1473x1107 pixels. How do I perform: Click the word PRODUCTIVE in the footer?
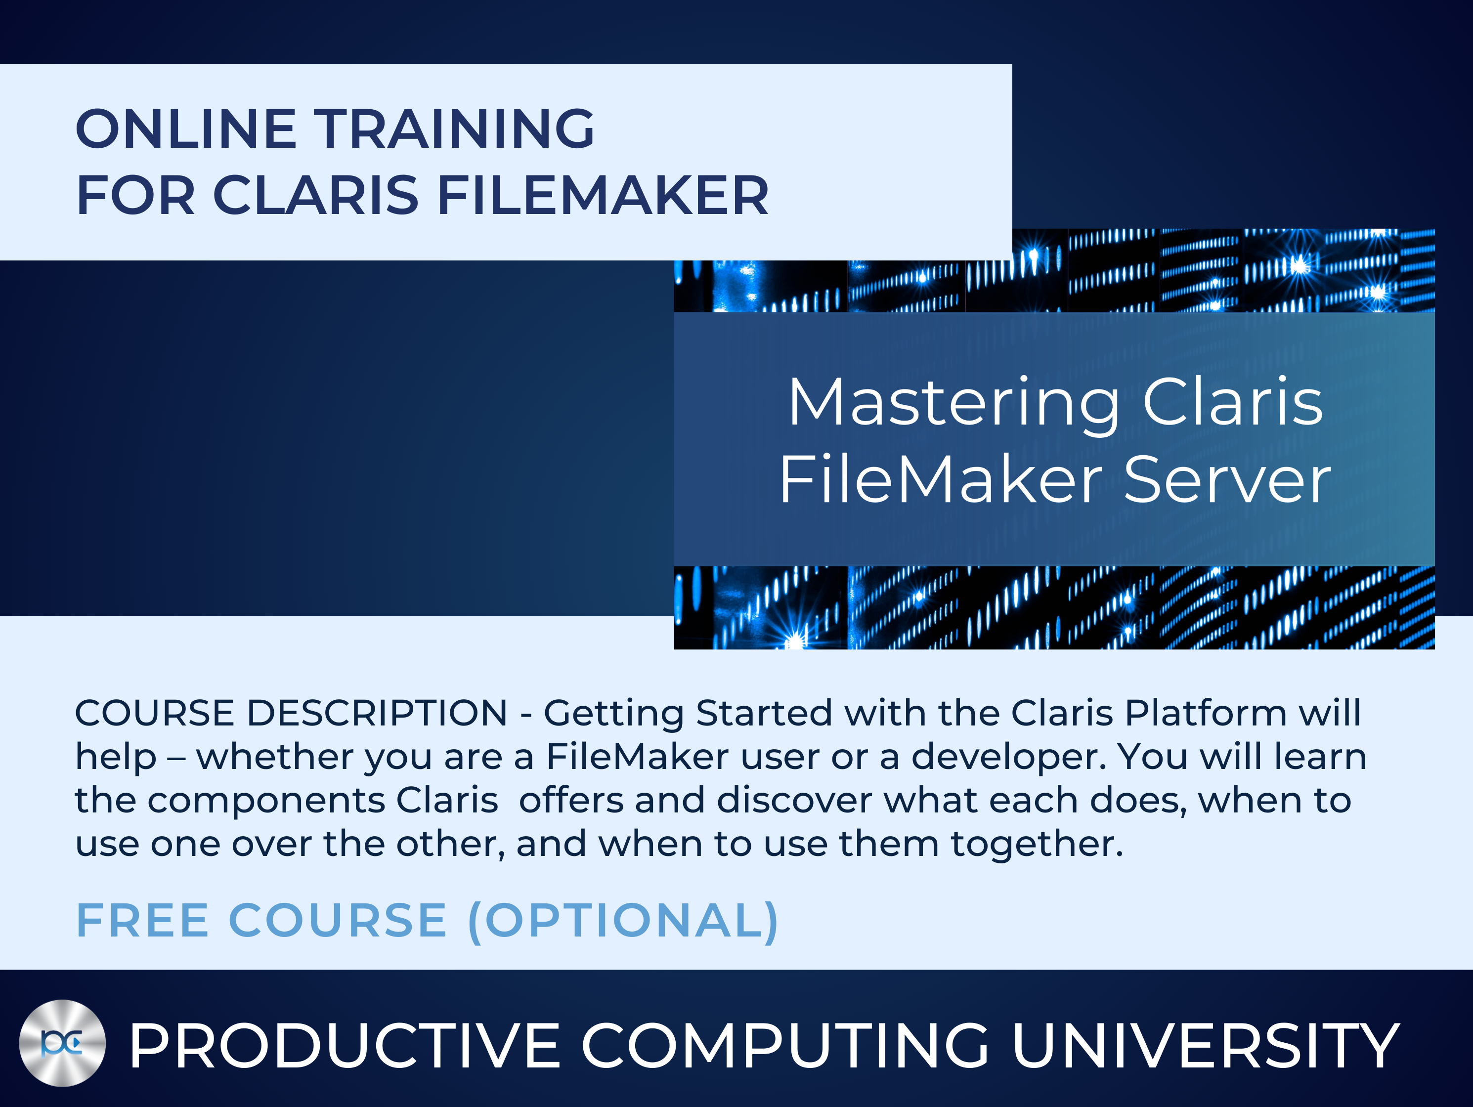(345, 1046)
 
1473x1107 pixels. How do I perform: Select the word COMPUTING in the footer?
(786, 1046)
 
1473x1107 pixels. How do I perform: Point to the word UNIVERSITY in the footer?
(1205, 1046)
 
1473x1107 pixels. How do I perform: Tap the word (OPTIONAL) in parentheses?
(623, 921)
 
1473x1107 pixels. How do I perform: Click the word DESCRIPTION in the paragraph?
(377, 713)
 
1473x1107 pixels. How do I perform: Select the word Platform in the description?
(1205, 713)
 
